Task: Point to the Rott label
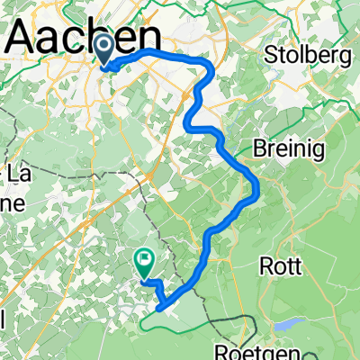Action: click(x=279, y=265)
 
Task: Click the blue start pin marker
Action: click(x=104, y=49)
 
